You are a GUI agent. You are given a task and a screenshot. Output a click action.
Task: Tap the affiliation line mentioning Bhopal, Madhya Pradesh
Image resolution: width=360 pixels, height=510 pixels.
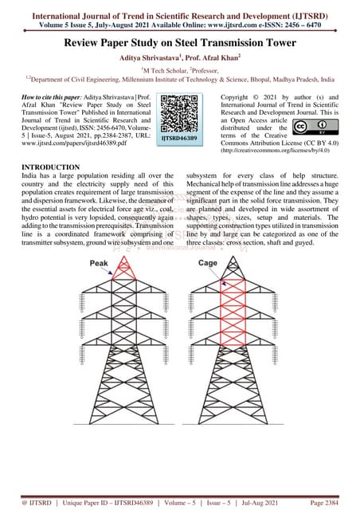[x=180, y=82]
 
